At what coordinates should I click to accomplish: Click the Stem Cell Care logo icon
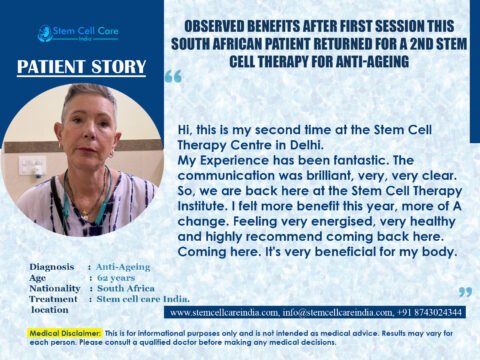(x=44, y=33)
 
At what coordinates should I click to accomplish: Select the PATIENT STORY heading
(x=83, y=68)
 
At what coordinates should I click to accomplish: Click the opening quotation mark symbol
(x=173, y=78)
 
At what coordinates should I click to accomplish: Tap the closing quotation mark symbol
(x=463, y=292)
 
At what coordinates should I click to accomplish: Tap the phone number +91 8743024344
(x=432, y=312)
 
